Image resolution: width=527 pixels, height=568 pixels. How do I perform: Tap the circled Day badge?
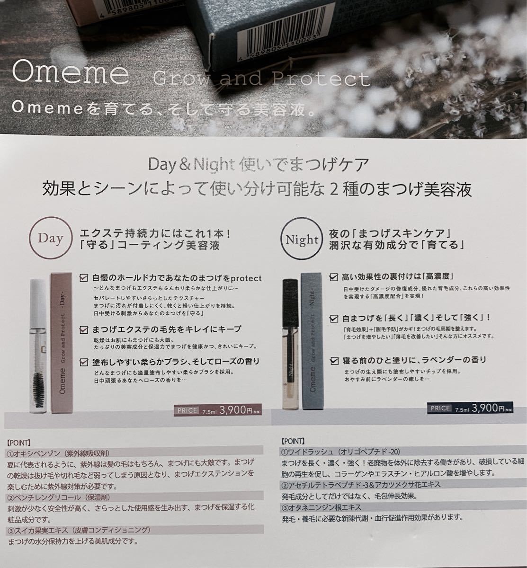point(50,239)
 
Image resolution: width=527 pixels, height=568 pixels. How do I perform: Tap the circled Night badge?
point(302,240)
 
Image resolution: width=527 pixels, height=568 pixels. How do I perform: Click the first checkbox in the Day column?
point(84,278)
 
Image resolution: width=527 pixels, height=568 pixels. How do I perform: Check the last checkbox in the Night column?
point(334,360)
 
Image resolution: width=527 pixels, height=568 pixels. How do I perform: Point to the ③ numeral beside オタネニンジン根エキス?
point(285,507)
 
